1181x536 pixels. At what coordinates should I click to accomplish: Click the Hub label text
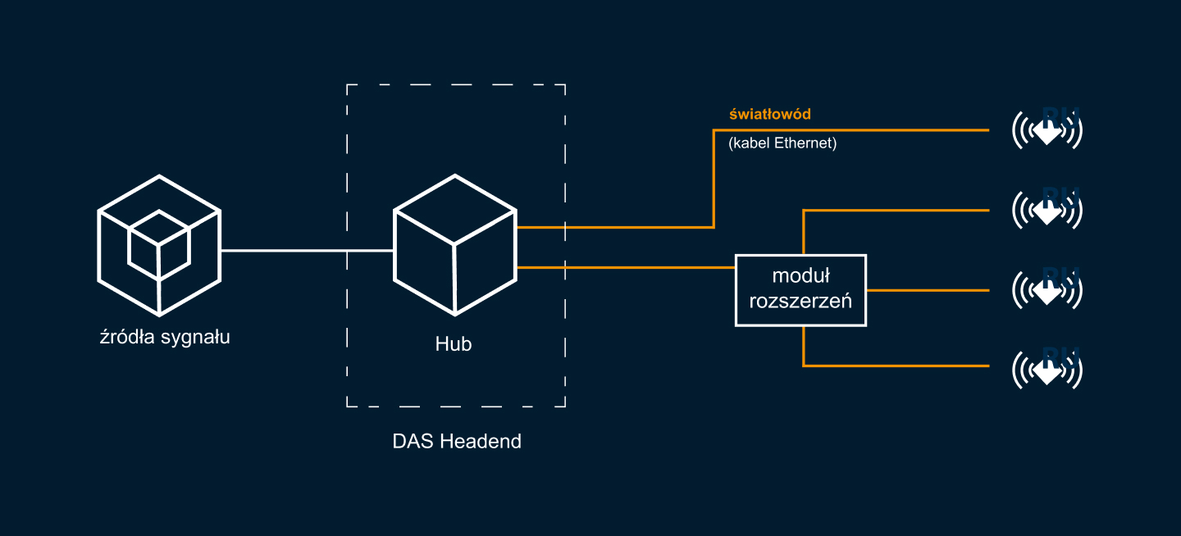[454, 345]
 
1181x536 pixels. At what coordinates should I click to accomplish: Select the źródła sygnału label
[164, 337]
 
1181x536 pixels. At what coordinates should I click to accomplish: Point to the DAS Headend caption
[457, 441]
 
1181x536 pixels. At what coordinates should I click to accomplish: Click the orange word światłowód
[770, 114]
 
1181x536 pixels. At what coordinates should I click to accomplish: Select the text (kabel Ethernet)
[782, 143]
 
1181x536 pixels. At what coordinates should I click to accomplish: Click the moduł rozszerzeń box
[800, 290]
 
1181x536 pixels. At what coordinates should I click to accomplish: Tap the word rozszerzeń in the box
[800, 301]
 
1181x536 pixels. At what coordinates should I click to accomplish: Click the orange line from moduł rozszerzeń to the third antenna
[927, 290]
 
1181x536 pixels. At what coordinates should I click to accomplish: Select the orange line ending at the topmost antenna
[853, 130]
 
